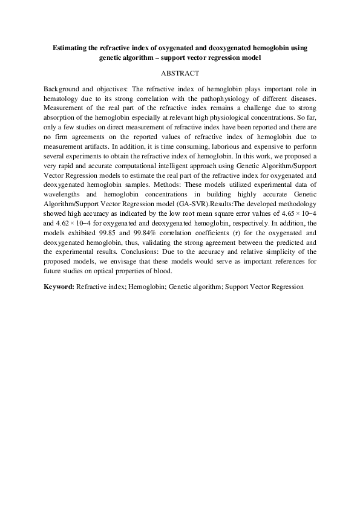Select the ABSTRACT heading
(x=180, y=73)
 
